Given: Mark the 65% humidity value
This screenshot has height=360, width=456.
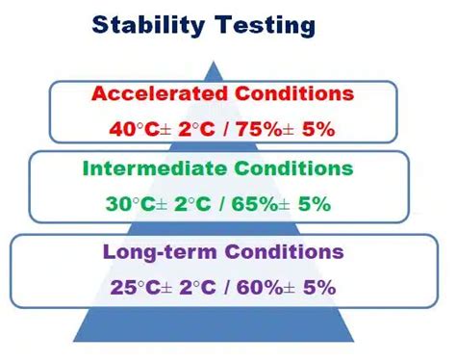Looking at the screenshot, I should point(260,203).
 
